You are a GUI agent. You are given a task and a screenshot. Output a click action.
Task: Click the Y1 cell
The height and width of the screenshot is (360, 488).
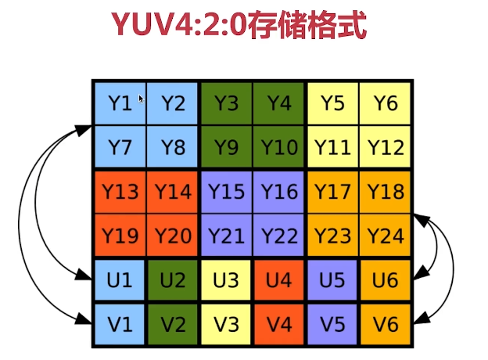pyautogui.click(x=120, y=103)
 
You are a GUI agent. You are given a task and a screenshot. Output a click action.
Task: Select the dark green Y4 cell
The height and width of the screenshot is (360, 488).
pyautogui.click(x=278, y=103)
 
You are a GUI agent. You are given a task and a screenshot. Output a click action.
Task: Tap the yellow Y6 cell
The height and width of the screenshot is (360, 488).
pyautogui.click(x=385, y=103)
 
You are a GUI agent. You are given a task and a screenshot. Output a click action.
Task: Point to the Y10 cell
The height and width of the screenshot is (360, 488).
pyautogui.click(x=278, y=146)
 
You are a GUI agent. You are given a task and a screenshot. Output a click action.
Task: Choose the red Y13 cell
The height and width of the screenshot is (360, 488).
pyautogui.click(x=120, y=191)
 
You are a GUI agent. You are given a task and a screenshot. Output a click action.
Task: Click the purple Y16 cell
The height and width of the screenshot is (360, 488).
pyautogui.click(x=278, y=191)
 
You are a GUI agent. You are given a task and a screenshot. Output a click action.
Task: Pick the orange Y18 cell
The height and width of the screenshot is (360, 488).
pyautogui.click(x=385, y=191)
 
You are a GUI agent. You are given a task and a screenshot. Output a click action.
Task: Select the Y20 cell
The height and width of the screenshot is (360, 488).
pyautogui.click(x=173, y=235)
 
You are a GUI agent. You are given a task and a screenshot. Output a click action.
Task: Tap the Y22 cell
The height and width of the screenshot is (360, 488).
pyautogui.click(x=278, y=235)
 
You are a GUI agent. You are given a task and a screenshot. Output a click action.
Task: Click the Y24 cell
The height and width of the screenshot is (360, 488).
pyautogui.click(x=385, y=235)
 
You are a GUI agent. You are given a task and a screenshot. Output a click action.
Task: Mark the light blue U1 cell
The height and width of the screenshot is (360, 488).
pyautogui.click(x=120, y=279)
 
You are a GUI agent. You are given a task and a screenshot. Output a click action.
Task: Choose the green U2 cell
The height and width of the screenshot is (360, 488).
pyautogui.click(x=173, y=279)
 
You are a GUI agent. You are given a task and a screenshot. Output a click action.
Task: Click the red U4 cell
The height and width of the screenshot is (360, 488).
pyautogui.click(x=278, y=279)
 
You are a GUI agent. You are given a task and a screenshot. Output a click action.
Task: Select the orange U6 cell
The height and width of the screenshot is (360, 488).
pyautogui.click(x=385, y=279)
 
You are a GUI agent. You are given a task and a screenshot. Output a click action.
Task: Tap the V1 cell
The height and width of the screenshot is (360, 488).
pyautogui.click(x=120, y=322)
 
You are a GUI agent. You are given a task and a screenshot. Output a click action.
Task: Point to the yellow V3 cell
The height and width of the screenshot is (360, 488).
pyautogui.click(x=226, y=322)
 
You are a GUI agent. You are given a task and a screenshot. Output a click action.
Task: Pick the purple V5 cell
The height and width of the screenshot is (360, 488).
pyautogui.click(x=332, y=322)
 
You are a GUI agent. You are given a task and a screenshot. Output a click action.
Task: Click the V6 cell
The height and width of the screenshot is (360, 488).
pyautogui.click(x=385, y=322)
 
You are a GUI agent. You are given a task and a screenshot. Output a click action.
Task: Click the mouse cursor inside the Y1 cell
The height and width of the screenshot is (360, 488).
pyautogui.click(x=142, y=99)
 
